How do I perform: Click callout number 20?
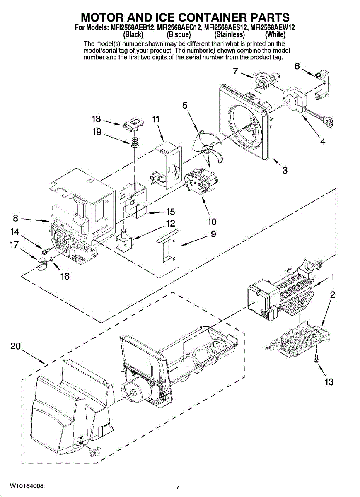coord(15,347)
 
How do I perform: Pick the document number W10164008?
coord(27,485)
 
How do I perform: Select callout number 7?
coord(235,71)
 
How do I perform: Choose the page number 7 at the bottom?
coord(177,487)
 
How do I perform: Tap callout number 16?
coord(65,276)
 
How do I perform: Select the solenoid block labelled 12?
coord(123,241)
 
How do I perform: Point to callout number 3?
coord(285,170)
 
